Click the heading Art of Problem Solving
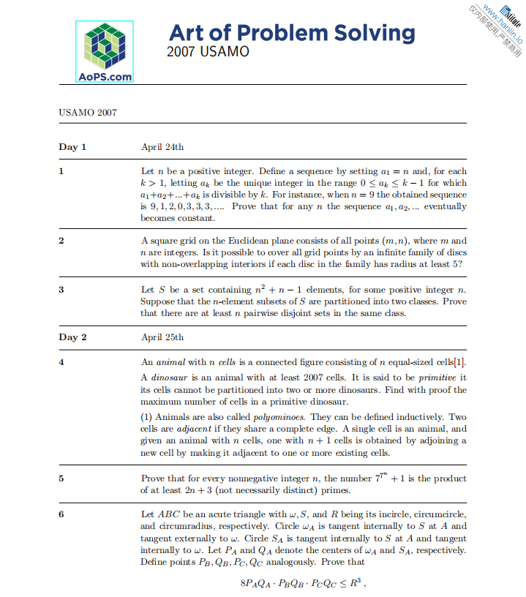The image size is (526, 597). coord(291,32)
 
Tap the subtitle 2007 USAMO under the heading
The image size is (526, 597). coord(208,52)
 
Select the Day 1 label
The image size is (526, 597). coord(72,147)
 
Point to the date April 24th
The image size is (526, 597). coord(162,147)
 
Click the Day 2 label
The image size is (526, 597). coord(72,337)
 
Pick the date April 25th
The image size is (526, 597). coord(162,337)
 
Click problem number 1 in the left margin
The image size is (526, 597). coord(61,171)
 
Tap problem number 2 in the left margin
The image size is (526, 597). coord(61,241)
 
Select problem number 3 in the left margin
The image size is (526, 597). coord(61,290)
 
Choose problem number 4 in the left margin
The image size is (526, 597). coord(61,361)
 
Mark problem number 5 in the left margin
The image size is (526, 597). coord(61,478)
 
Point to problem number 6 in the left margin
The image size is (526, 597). coord(61,514)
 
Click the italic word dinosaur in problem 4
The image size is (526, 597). coord(169,378)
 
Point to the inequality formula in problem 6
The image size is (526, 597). coord(302,584)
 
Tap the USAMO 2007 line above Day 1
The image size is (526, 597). coord(87,113)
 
